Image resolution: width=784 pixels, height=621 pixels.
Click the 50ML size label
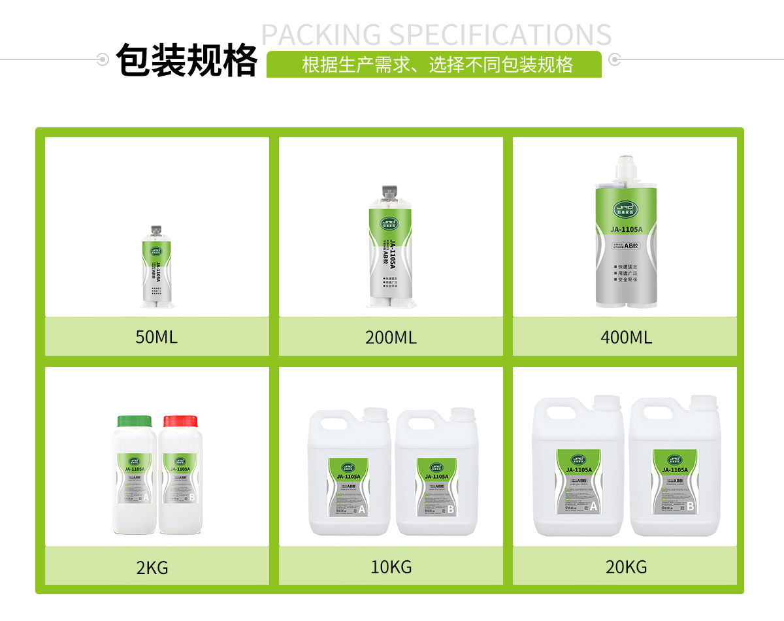(x=156, y=337)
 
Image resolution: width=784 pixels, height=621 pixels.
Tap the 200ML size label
(x=391, y=337)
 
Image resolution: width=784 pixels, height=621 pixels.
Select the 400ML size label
(x=625, y=337)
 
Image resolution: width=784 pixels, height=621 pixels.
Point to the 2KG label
(x=152, y=567)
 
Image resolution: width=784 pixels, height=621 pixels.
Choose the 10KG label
(x=391, y=567)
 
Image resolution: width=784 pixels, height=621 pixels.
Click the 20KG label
(x=625, y=567)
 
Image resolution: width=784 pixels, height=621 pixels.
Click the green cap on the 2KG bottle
(x=134, y=421)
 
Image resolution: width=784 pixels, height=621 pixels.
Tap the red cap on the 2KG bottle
(x=180, y=421)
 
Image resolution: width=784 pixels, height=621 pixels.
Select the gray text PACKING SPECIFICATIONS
(x=436, y=34)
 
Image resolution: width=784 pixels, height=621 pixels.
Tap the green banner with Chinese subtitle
(x=434, y=65)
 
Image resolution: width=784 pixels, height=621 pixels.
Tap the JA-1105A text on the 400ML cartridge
(x=626, y=229)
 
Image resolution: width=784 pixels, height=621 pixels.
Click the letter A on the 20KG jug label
(x=593, y=505)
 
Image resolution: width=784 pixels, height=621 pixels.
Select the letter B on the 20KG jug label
(x=690, y=505)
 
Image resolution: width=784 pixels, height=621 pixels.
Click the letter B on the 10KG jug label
(x=450, y=509)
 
